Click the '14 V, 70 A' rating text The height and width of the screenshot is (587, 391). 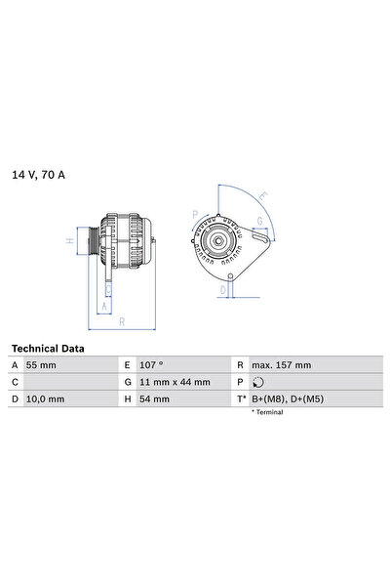(38, 175)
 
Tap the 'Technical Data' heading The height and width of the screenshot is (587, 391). (48, 348)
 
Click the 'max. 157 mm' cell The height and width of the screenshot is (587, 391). (281, 365)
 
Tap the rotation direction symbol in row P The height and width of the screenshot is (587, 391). (257, 382)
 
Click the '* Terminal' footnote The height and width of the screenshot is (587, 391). (266, 413)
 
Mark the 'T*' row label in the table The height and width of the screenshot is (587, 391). (241, 398)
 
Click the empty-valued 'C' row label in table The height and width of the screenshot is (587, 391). (15, 382)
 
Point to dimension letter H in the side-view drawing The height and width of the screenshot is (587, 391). (69, 240)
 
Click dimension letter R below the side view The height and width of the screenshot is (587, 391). (121, 320)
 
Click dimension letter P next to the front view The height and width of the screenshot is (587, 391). (195, 214)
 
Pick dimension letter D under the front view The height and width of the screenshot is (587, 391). (223, 289)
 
